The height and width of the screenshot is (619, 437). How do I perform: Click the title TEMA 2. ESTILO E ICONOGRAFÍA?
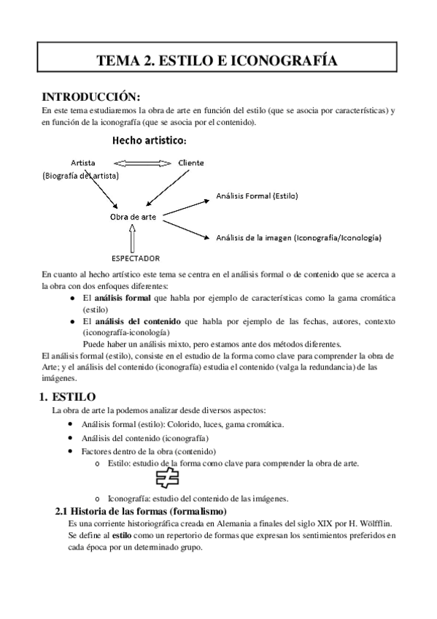[218, 61]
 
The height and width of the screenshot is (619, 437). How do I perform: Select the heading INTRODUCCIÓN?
[90, 96]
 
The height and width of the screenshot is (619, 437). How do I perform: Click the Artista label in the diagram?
[84, 162]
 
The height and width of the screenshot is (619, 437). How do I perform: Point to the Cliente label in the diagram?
[191, 162]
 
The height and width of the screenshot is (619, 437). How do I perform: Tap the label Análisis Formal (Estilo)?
[258, 196]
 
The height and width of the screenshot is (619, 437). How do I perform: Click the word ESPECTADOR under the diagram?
[136, 258]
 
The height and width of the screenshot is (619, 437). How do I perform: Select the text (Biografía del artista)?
[81, 175]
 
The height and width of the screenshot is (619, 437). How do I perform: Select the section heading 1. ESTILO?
[66, 396]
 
